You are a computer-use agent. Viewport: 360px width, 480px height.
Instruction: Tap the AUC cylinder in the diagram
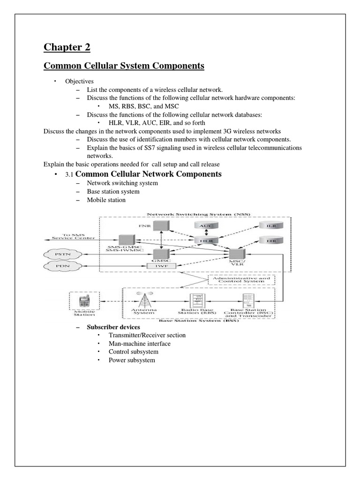tap(206, 225)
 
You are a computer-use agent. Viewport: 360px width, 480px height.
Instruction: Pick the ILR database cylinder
tap(271, 225)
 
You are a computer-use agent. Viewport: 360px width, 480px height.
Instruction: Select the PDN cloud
tap(60, 266)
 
